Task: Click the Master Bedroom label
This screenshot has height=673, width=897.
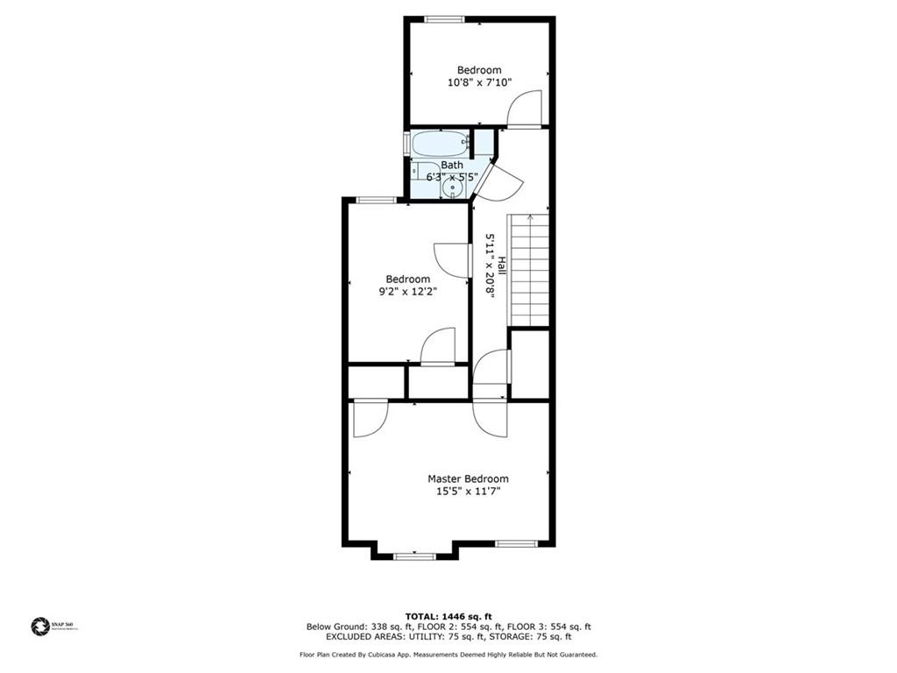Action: point(468,478)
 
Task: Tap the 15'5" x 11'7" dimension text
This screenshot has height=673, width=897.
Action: point(468,492)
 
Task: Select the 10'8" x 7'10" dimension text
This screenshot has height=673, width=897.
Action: point(479,82)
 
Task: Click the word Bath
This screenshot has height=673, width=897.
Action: point(452,165)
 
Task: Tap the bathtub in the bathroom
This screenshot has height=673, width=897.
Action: point(439,143)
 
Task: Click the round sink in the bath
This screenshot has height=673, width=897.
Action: point(454,187)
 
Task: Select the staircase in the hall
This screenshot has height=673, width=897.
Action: point(529,269)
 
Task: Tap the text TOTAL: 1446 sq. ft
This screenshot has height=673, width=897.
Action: point(448,616)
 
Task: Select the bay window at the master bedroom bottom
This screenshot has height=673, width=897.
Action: point(414,556)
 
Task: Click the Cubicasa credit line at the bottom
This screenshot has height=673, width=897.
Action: point(448,655)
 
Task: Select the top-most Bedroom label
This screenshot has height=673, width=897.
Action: point(479,70)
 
